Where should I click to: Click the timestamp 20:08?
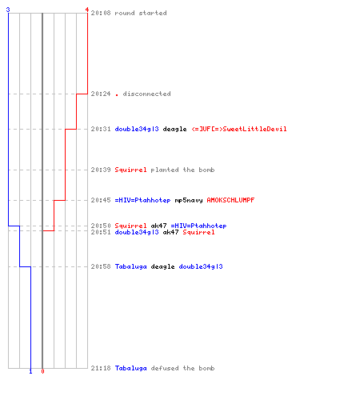point(101,13)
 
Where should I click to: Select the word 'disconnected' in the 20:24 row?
point(146,94)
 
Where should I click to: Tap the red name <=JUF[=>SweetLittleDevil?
point(239,129)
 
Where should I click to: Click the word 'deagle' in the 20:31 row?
point(174,130)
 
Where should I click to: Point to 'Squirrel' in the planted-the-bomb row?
point(130,170)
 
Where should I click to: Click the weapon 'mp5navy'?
point(189,200)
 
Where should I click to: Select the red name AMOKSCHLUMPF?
point(230,200)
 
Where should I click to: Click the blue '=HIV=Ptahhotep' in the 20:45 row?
point(142,200)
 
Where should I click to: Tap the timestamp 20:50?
point(101,226)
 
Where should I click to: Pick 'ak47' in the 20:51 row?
point(170,232)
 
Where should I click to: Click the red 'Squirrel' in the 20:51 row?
point(198,232)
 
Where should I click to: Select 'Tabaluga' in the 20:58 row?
point(130,266)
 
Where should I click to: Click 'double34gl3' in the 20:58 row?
point(201,266)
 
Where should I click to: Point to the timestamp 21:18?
point(101,368)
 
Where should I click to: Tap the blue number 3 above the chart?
point(8,10)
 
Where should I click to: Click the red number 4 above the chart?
point(87,10)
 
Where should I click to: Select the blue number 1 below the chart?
point(30,371)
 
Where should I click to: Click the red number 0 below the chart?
point(42,371)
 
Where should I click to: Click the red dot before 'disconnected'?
point(117,94)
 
